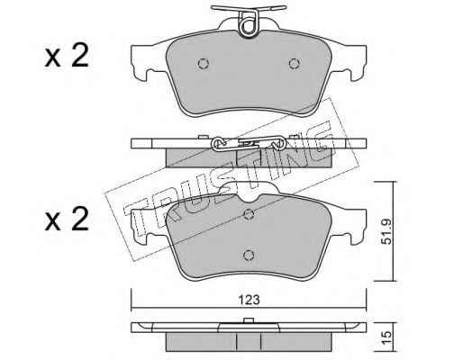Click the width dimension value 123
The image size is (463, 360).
click(250, 299)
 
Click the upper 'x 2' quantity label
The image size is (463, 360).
click(67, 56)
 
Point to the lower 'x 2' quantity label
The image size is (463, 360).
click(67, 220)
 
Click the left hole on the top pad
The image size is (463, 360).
click(204, 64)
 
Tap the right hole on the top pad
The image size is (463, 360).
click(295, 64)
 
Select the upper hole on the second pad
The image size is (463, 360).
click(249, 214)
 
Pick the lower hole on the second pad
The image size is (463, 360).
click(249, 256)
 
